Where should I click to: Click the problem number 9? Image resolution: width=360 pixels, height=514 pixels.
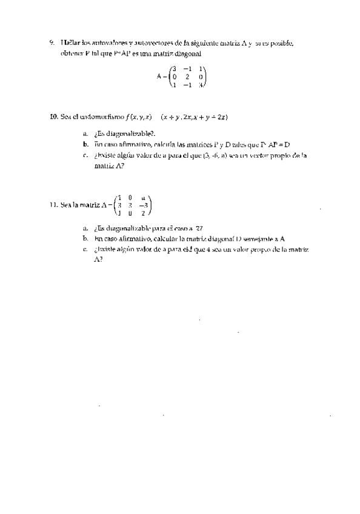point(52,43)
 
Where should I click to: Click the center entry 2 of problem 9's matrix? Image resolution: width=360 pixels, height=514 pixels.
point(187,77)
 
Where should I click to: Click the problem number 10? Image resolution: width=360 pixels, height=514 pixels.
point(53,116)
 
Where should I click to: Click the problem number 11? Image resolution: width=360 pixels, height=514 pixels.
point(53,205)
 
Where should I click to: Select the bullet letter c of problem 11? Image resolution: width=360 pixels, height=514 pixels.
point(85,249)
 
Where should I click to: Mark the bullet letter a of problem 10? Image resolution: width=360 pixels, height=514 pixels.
point(85,133)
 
